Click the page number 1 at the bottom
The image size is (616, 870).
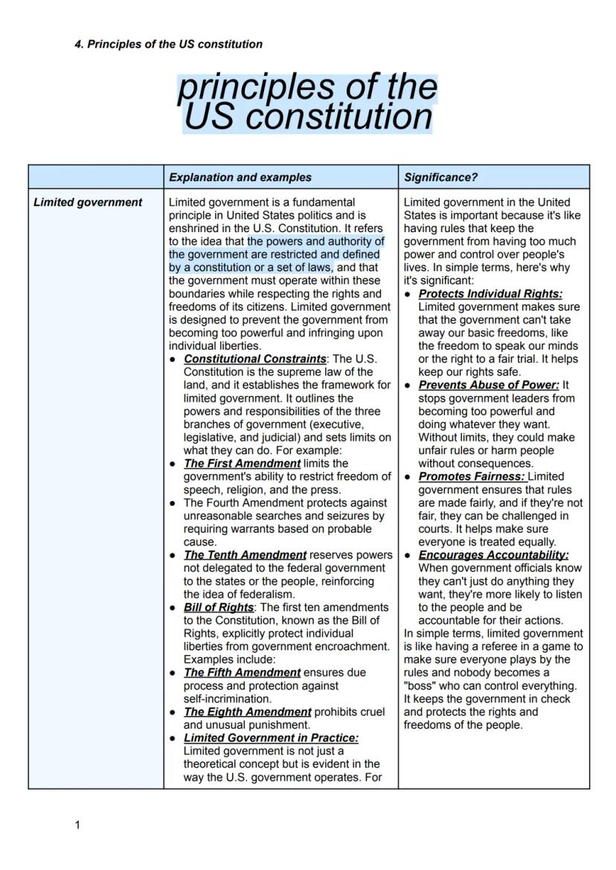[x=77, y=825]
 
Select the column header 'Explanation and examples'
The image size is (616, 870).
[x=240, y=177]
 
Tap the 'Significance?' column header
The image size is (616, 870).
[x=441, y=177]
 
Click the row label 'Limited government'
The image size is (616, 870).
[x=88, y=202]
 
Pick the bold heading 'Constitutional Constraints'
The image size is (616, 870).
[x=254, y=359]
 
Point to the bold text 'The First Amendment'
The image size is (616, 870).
[x=242, y=463]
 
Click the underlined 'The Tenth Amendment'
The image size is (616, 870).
[x=245, y=554]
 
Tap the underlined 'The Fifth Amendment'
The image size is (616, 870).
[x=242, y=672]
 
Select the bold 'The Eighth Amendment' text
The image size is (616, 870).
[x=247, y=711]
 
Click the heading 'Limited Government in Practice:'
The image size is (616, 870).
[x=271, y=738]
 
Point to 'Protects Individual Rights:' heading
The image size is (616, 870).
[x=490, y=294]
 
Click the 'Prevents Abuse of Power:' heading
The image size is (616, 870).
[x=488, y=385]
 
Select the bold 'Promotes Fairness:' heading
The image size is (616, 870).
[x=471, y=476]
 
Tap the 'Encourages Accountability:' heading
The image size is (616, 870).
[x=493, y=554]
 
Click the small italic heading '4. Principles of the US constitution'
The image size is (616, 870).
[x=168, y=44]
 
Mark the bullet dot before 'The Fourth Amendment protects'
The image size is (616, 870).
[x=173, y=502]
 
